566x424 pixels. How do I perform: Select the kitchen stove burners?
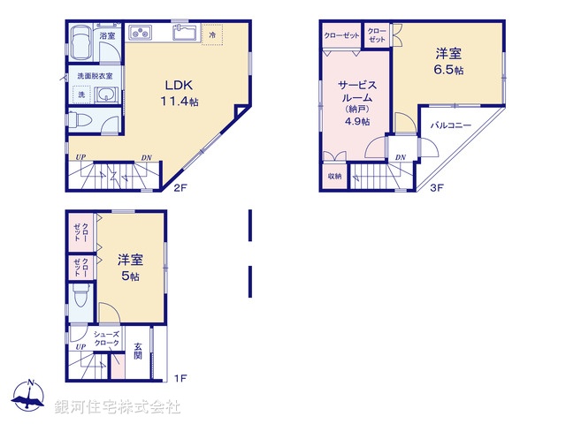142,34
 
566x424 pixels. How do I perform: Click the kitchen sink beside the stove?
184,34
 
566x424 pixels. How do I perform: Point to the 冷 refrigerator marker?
213,34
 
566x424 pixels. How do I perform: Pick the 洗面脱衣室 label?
94,75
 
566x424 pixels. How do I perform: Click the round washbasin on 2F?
104,95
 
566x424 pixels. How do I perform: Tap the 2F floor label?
180,187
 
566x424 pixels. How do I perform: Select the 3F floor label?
437,187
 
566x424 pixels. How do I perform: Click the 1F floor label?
180,379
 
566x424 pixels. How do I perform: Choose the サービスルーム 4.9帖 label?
358,102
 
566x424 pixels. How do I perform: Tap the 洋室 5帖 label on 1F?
129,268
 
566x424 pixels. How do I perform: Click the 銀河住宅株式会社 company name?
118,407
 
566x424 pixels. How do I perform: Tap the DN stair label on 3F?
401,158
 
